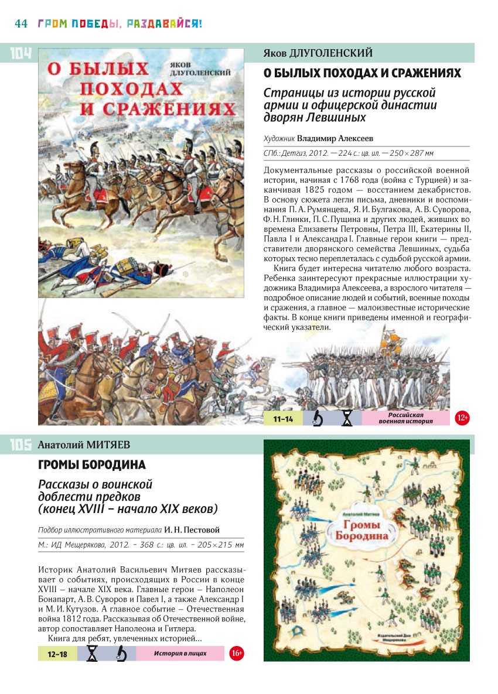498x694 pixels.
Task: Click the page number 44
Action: click(21, 24)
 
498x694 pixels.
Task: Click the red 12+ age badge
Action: click(462, 418)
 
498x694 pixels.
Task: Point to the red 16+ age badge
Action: click(236, 653)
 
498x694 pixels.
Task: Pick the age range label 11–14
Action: click(283, 419)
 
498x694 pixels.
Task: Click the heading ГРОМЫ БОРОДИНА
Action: click(92, 465)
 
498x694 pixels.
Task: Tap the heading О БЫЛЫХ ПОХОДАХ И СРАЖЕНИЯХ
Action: click(362, 74)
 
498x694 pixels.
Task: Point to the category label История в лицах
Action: click(180, 653)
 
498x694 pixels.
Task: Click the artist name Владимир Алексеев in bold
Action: click(335, 139)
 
